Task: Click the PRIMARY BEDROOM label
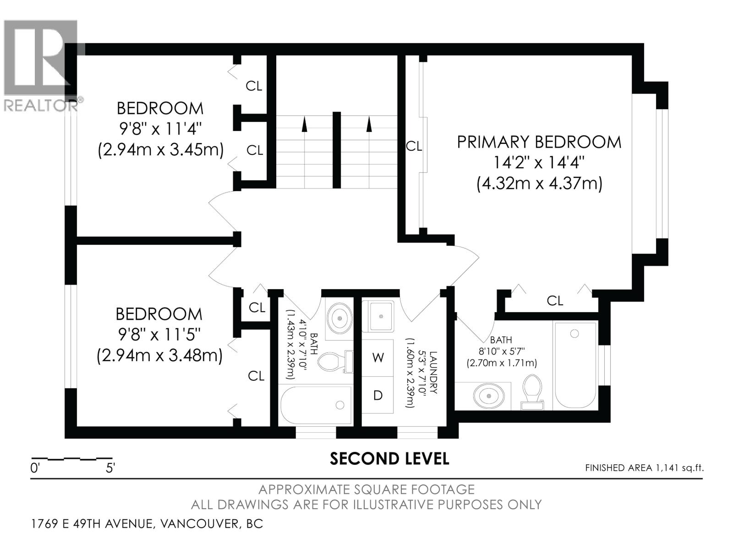[539, 142]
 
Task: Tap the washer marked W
[377, 357]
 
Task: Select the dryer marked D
[377, 395]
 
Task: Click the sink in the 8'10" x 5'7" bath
[488, 395]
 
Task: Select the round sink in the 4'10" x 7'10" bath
[339, 317]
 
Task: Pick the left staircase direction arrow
[304, 124]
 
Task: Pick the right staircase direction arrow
[369, 124]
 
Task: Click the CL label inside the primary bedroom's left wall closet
[414, 146]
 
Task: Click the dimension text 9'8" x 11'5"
[160, 335]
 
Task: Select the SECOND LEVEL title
[389, 459]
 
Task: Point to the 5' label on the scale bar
[110, 468]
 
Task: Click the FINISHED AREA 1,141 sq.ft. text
[644, 468]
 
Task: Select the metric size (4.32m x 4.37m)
[539, 184]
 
